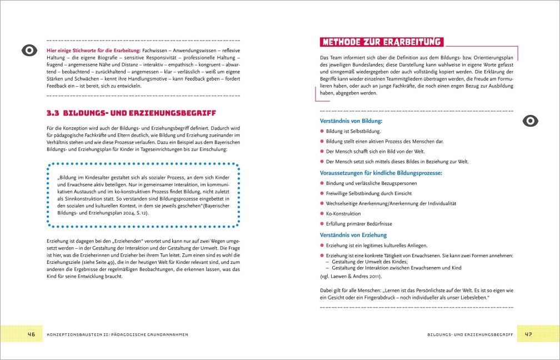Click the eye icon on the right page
(531, 121)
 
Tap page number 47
(528, 334)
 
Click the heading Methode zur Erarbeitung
(382, 42)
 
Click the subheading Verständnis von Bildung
(351, 121)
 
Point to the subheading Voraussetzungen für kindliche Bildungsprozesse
(381, 173)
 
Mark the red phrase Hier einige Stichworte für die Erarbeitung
(93, 51)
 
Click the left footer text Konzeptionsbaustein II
(116, 335)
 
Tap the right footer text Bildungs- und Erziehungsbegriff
(470, 335)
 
